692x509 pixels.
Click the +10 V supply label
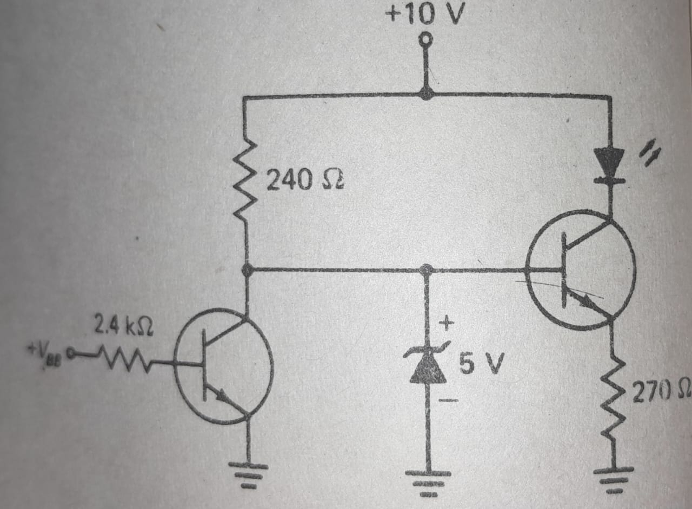424,15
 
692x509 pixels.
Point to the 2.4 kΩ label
123,326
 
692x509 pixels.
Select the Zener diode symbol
427,365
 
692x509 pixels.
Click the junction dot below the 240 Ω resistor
247,270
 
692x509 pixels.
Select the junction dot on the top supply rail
427,95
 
